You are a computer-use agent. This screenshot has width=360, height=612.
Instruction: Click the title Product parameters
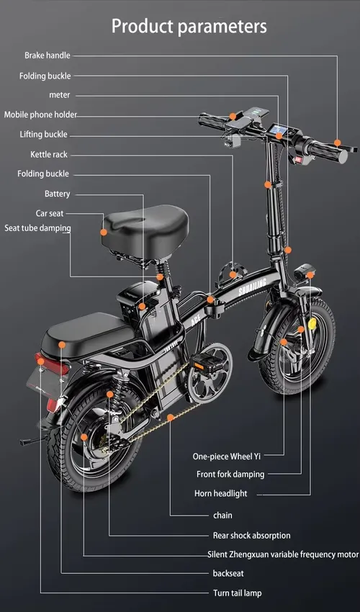click(x=189, y=27)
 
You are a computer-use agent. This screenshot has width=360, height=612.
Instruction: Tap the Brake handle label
click(x=48, y=55)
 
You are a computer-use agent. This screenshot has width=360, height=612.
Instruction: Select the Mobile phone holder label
click(x=40, y=114)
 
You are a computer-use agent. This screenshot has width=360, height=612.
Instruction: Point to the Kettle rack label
click(x=49, y=155)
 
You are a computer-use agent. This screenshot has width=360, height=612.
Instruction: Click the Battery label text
click(x=57, y=194)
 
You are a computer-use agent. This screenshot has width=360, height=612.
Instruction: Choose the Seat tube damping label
click(x=37, y=228)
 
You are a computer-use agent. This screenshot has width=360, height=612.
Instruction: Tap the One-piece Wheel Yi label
click(x=227, y=456)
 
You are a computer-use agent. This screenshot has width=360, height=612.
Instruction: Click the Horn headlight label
click(x=220, y=493)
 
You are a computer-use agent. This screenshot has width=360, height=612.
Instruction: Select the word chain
click(x=222, y=516)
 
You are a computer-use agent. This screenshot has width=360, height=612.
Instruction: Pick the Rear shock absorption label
click(x=251, y=536)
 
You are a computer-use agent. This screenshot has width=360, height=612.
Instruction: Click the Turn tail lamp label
click(x=238, y=593)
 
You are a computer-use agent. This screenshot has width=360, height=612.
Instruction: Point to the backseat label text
click(x=228, y=573)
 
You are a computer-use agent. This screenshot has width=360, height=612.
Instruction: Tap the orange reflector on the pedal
click(x=199, y=366)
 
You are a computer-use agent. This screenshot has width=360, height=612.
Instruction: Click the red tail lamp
click(x=52, y=364)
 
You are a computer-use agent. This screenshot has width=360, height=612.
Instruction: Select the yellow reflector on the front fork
click(x=312, y=323)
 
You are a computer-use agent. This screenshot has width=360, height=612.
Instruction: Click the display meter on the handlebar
click(x=280, y=130)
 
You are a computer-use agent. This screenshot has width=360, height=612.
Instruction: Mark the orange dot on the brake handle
click(x=338, y=143)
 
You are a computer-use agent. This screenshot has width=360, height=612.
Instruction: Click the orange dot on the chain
click(x=170, y=418)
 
